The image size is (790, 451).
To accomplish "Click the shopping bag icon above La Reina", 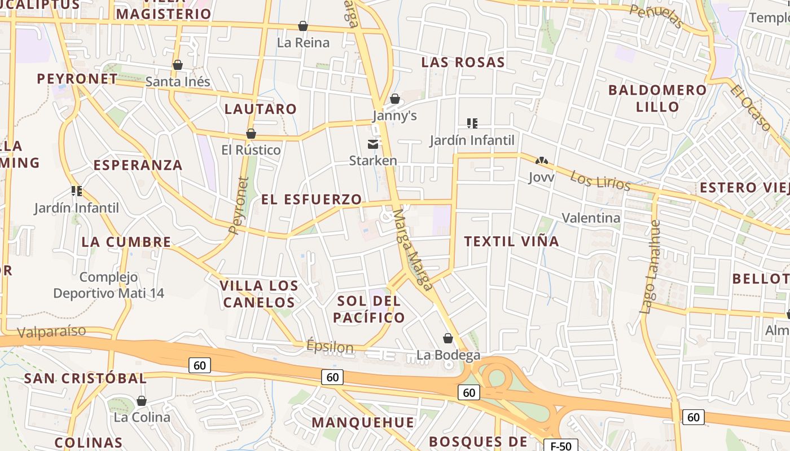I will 303,26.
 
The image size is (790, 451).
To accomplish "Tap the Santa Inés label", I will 178,82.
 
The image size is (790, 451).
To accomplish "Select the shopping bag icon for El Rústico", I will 251,134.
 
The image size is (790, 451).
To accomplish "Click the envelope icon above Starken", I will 373,144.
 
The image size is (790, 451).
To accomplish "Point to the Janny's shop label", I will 394,116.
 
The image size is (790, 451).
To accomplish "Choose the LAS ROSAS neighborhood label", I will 463,62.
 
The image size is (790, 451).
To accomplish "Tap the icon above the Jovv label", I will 542,161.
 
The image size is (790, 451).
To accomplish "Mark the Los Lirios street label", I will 600,180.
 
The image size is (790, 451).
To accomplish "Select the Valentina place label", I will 591,218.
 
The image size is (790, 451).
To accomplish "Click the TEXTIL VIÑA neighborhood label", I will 511,241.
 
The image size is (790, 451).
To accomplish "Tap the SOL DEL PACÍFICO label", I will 369,309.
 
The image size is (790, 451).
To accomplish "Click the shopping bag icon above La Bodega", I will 448,338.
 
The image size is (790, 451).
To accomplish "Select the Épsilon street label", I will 330,347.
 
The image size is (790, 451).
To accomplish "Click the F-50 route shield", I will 560,446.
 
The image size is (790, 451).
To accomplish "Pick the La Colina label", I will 142,417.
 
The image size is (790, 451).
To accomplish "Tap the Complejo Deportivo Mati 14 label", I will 109,285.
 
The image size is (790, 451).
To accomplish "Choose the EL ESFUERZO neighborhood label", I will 311,199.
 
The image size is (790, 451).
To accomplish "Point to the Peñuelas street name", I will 656,16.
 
